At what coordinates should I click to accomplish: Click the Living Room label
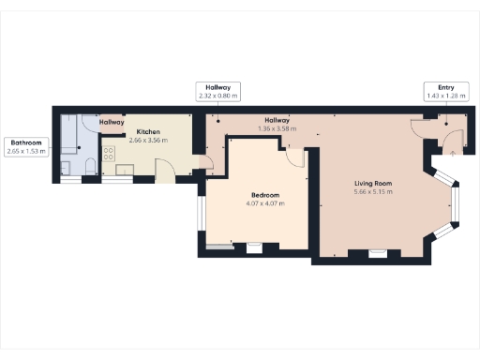(x=371, y=183)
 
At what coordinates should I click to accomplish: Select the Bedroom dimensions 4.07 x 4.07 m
(x=264, y=203)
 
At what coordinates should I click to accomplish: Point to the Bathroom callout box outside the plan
(x=25, y=146)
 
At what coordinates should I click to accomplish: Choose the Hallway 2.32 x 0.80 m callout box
(x=217, y=90)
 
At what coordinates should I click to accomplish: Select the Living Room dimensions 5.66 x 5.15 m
(x=371, y=192)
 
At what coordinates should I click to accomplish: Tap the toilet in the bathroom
(x=86, y=167)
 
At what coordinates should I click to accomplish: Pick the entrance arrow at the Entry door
(x=453, y=151)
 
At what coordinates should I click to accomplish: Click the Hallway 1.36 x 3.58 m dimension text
(x=277, y=128)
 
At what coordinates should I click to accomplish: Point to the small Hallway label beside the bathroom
(x=112, y=122)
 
